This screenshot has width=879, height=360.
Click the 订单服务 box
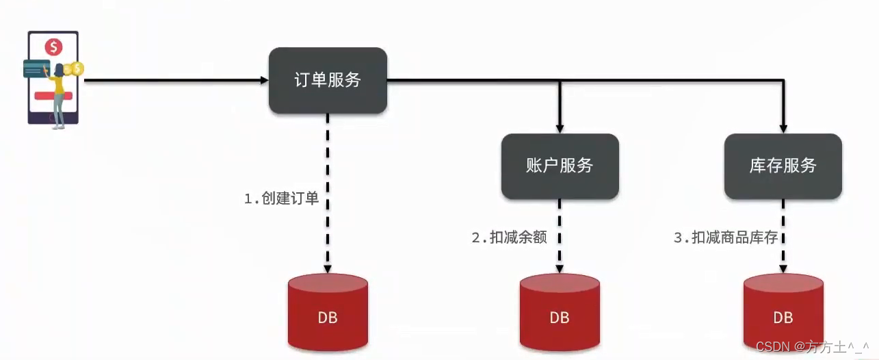[328, 80]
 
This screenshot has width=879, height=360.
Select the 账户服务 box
[560, 166]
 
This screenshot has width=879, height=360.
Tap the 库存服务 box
[783, 166]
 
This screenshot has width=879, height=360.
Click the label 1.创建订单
[282, 199]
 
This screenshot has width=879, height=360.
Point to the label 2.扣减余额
[509, 238]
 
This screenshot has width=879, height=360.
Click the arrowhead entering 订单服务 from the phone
[265, 80]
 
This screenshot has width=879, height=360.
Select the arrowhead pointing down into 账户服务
[560, 129]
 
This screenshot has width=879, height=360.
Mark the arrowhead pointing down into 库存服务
[783, 129]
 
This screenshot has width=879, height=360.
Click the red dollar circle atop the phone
[53, 47]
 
